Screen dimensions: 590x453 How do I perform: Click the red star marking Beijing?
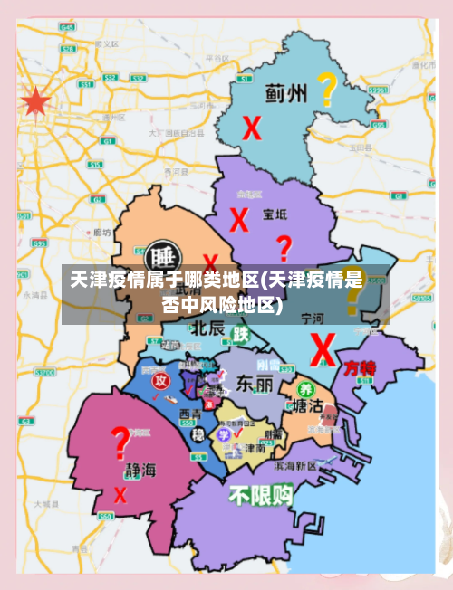[x=35, y=101]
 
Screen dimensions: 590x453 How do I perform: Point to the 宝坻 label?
[x=275, y=214]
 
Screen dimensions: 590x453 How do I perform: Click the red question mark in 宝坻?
[x=284, y=247]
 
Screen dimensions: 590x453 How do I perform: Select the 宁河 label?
[x=312, y=319]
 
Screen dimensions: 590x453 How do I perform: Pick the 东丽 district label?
[x=254, y=384]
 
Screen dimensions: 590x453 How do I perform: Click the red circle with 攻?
[x=160, y=381]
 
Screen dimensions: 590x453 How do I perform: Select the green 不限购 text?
[x=260, y=496]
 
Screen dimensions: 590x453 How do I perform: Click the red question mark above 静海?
[x=118, y=444]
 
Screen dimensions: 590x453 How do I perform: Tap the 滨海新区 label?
[x=294, y=465]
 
